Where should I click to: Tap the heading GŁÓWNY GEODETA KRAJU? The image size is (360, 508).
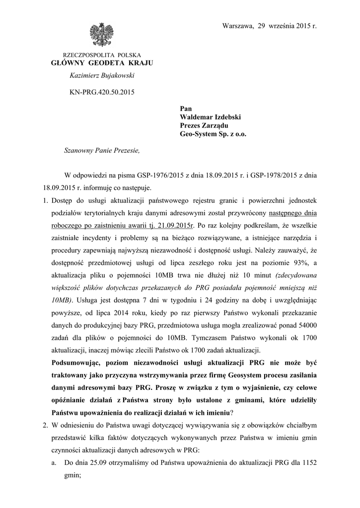[x=102, y=63]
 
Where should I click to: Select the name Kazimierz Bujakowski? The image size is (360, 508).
[x=102, y=75]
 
